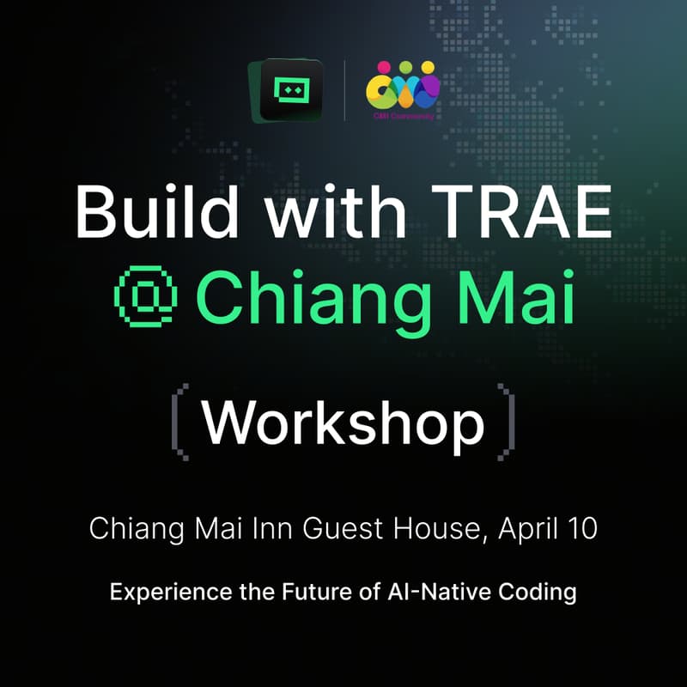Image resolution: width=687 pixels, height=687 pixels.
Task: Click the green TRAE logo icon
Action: pyautogui.click(x=286, y=89)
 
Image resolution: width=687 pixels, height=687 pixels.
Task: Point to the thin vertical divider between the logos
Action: pyautogui.click(x=344, y=89)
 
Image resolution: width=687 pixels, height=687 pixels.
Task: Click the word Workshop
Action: pyautogui.click(x=343, y=422)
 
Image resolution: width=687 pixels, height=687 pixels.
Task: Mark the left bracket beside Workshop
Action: pyautogui.click(x=179, y=420)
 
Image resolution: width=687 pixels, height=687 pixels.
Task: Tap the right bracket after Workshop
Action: pyautogui.click(x=508, y=420)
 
